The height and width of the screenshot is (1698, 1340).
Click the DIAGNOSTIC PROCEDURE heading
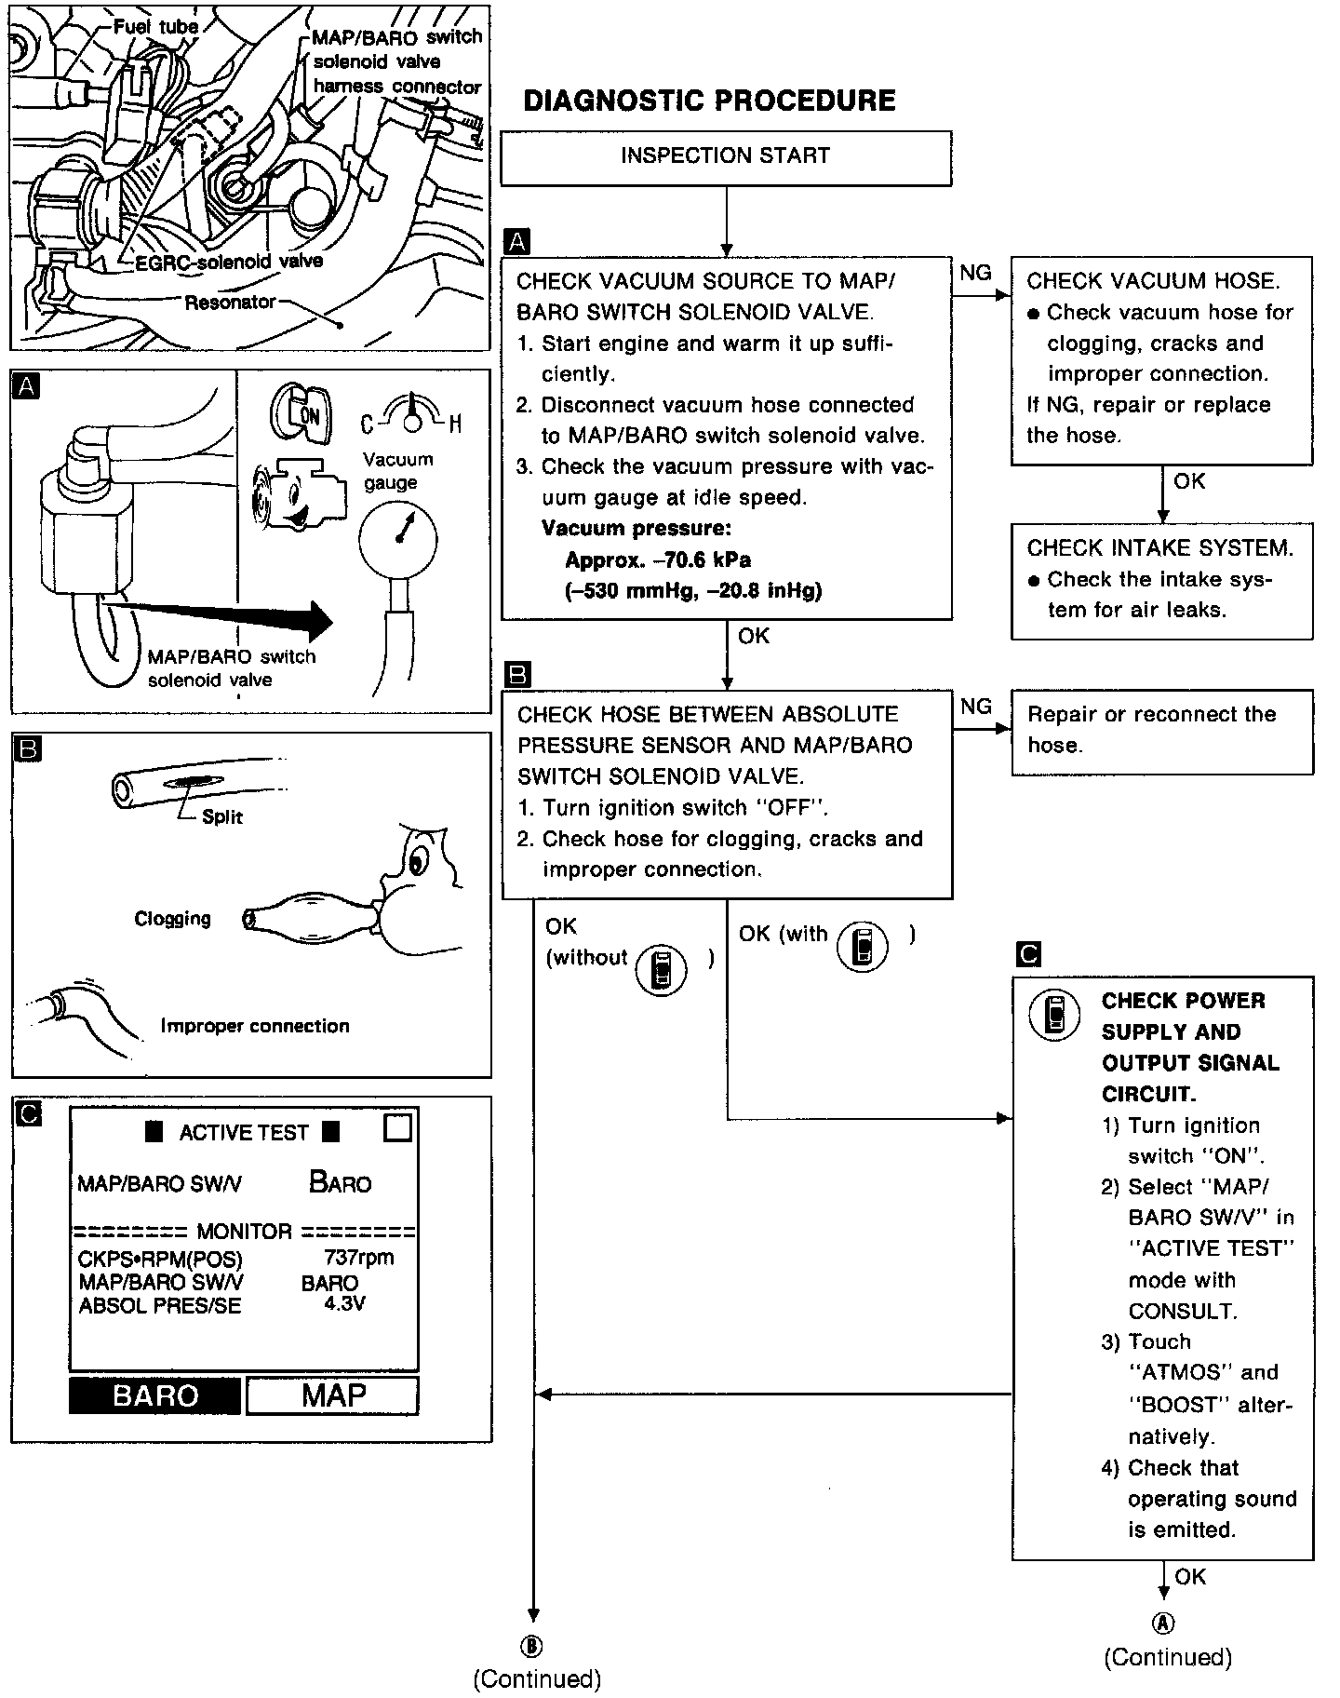709,101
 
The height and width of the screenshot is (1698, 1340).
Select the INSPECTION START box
726,157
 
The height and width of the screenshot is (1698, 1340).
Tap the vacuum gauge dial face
397,536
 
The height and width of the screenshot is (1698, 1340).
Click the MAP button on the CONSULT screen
332,1395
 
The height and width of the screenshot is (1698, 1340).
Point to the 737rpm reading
358,1258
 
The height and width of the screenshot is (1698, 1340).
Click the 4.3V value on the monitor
344,1303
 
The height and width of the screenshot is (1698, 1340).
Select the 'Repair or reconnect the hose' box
1161,731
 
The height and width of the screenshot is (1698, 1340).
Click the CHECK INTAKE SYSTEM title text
1159,548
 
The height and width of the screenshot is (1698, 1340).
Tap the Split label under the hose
222,817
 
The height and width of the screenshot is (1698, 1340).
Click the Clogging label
173,919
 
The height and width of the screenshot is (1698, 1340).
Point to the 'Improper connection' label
255,1026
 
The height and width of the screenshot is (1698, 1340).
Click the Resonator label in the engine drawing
230,303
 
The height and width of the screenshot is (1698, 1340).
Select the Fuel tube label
155,26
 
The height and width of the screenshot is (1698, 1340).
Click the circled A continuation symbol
1164,1623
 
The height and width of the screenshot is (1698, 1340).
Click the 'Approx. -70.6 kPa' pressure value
658,560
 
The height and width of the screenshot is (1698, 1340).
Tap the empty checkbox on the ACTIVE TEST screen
397,1128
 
